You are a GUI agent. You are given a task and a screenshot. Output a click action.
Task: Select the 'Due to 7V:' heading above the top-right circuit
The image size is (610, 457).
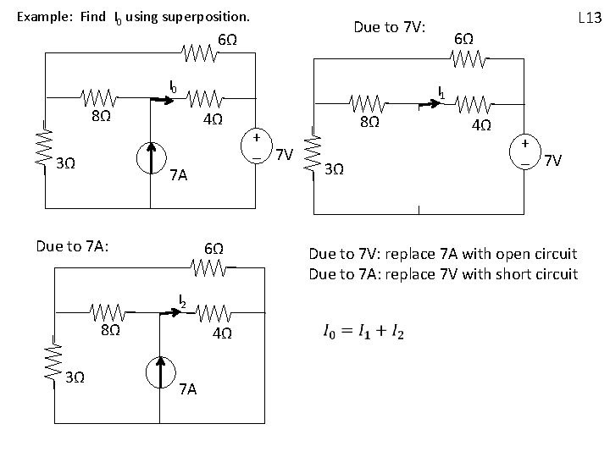[391, 28]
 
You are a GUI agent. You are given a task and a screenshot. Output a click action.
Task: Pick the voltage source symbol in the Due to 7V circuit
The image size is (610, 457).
[526, 152]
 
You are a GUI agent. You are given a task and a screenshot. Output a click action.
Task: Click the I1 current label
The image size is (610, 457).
[441, 91]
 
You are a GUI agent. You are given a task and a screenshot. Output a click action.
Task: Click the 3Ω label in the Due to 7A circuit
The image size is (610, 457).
[75, 377]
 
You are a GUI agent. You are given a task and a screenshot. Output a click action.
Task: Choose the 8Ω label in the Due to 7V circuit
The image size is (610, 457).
[369, 122]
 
